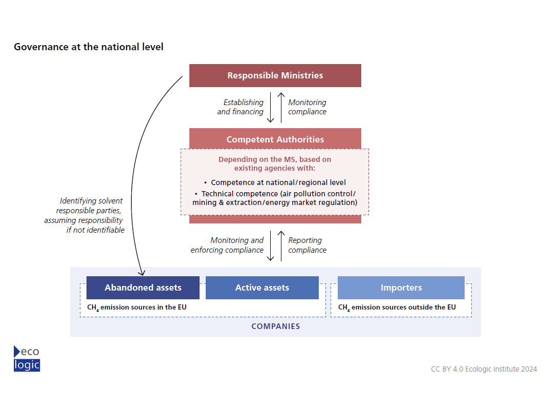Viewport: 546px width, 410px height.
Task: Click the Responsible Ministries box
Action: [275, 75]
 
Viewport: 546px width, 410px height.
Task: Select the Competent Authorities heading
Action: [275, 139]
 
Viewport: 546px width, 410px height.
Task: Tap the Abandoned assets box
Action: [143, 288]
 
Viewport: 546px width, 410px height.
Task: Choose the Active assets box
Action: [262, 288]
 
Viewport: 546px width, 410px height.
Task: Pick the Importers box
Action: [401, 288]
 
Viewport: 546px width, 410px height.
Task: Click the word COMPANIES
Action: [276, 326]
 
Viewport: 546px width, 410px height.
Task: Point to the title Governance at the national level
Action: [89, 47]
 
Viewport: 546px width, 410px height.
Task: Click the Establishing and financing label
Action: [241, 107]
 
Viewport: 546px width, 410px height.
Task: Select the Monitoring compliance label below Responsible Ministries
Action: [307, 107]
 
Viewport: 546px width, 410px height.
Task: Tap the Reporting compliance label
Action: [307, 245]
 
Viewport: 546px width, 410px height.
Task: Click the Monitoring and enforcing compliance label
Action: [227, 245]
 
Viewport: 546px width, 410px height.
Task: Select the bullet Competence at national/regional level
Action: [275, 182]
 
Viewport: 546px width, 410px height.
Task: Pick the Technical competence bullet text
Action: [275, 198]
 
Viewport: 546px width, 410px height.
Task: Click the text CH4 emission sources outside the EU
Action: [397, 307]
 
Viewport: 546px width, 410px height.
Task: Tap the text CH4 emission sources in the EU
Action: [137, 307]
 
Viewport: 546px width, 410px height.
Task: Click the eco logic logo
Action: [27, 358]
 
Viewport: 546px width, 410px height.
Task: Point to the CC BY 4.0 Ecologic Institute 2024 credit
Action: [484, 369]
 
